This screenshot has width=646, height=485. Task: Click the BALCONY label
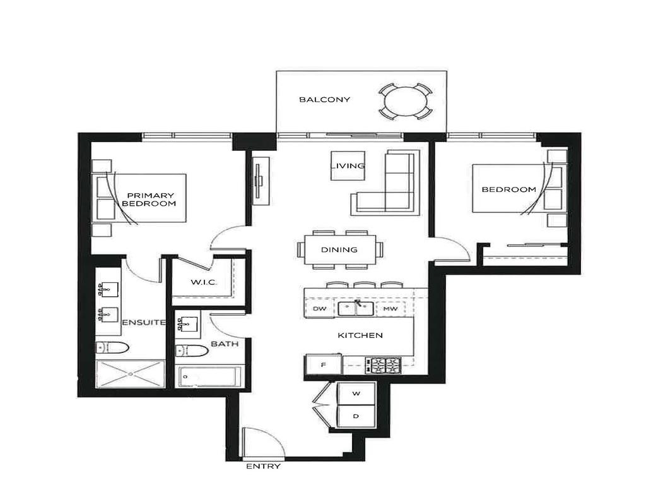[324, 100]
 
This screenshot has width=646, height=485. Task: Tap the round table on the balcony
[406, 101]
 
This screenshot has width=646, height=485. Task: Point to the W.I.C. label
[204, 282]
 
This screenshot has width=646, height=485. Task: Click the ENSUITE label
[144, 323]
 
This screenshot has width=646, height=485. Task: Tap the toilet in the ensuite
[112, 347]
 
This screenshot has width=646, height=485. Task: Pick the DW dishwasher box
[319, 309]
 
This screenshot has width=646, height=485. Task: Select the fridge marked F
[322, 364]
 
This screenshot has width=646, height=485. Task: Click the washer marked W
[356, 393]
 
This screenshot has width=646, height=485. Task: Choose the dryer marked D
[356, 416]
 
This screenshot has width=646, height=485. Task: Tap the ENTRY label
[263, 467]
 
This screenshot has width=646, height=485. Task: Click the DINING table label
[339, 249]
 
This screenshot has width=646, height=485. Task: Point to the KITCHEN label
[360, 335]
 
